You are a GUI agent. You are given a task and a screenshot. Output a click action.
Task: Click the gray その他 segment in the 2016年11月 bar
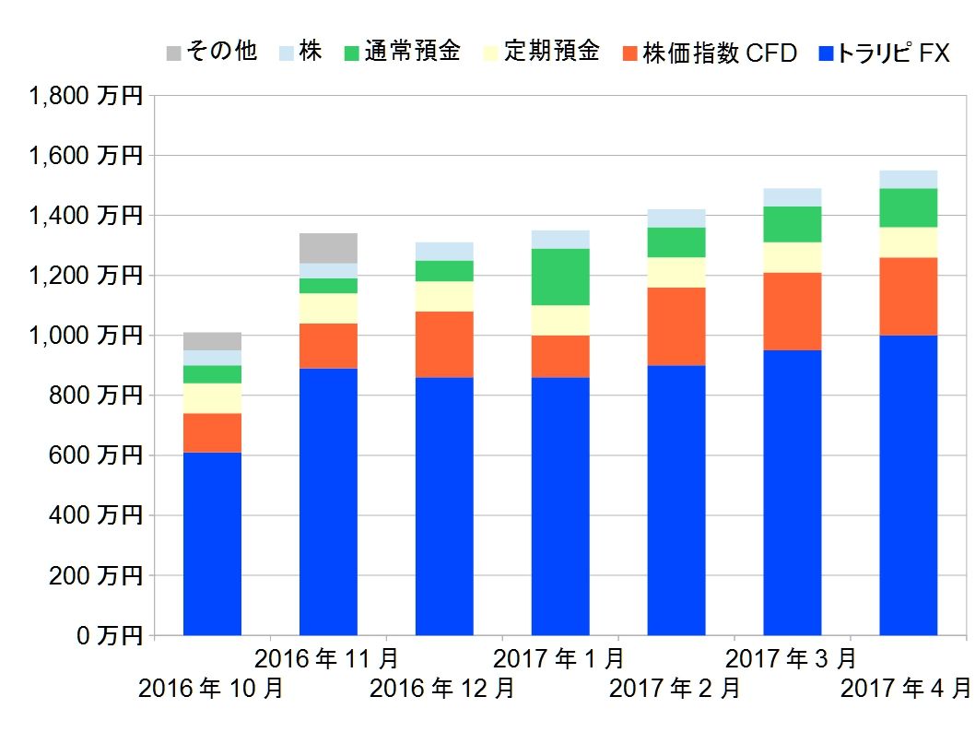[x=328, y=248]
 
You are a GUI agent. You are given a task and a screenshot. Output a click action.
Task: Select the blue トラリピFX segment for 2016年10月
[x=212, y=543]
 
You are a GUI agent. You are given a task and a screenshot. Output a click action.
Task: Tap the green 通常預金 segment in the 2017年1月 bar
[x=560, y=277]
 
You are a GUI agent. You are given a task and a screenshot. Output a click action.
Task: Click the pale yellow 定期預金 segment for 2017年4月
[x=908, y=242]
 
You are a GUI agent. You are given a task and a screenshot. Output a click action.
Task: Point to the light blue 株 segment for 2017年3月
[x=793, y=196]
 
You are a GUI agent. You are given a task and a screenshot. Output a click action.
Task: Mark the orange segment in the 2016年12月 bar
[x=444, y=344]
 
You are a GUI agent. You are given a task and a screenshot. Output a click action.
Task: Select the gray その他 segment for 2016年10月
[x=212, y=341]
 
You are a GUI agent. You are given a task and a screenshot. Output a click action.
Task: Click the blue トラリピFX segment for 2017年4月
[x=908, y=485]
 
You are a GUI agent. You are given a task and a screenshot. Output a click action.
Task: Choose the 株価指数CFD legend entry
[x=709, y=52]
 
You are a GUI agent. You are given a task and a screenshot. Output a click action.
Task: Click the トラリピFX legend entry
[x=884, y=52]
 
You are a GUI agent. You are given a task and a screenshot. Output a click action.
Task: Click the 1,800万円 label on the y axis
[x=85, y=96]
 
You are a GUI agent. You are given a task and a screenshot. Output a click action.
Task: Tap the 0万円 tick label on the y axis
[x=109, y=635]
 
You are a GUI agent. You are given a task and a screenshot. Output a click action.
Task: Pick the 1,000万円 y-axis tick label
[x=85, y=336]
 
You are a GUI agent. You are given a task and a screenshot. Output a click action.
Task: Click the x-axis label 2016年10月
[x=211, y=689]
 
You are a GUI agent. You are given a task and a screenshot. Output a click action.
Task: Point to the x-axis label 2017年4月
[x=907, y=689]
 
